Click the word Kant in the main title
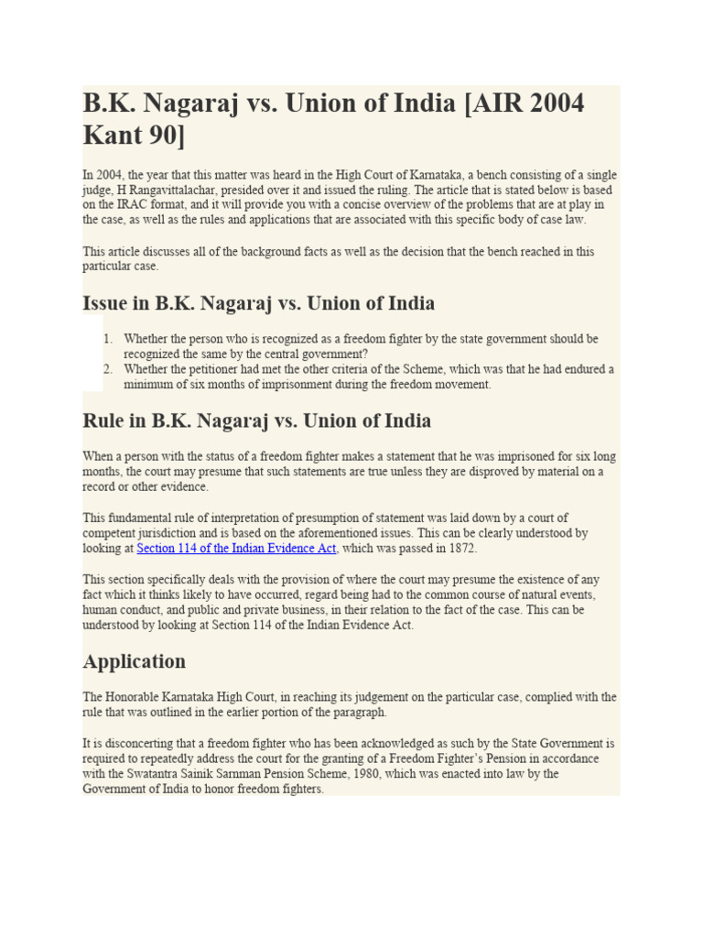pos(113,135)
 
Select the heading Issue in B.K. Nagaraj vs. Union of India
pos(258,303)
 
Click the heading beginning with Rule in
pos(256,421)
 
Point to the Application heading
pos(134,661)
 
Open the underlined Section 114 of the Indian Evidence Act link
pos(237,548)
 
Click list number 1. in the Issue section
pos(108,339)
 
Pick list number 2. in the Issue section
pos(108,369)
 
